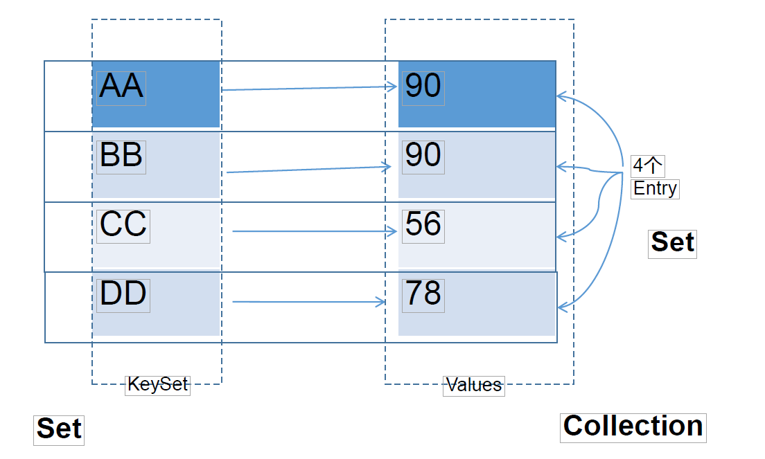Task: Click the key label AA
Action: click(121, 87)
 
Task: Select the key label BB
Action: click(121, 156)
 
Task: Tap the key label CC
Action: click(123, 224)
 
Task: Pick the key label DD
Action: click(123, 294)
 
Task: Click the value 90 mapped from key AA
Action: click(423, 87)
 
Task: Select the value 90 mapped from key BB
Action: click(423, 156)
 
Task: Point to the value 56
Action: click(423, 224)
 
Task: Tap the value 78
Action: click(423, 294)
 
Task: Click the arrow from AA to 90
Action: click(309, 88)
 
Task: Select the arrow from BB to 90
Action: click(309, 170)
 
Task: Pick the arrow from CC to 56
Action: click(315, 231)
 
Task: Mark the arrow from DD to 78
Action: click(309, 302)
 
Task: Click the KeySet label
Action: click(157, 385)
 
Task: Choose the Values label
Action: click(474, 386)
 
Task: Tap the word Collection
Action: click(633, 426)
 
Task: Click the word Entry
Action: click(655, 188)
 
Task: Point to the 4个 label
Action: click(647, 165)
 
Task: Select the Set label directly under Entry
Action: click(672, 242)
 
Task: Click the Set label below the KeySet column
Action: click(59, 429)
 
